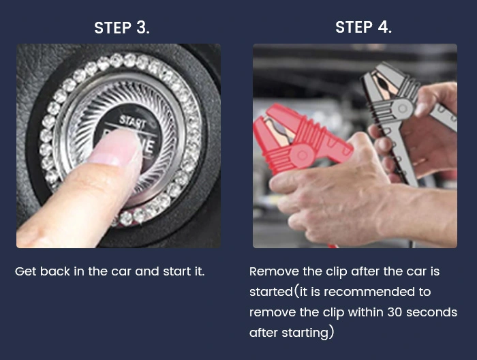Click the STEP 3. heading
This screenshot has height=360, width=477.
(122, 27)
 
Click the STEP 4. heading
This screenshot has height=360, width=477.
(363, 27)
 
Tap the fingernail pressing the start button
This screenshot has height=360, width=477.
(117, 147)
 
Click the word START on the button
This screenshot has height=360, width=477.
(133, 121)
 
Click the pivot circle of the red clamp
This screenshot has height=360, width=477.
(302, 155)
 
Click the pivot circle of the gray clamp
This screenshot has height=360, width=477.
(402, 108)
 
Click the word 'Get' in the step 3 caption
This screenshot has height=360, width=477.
(26, 271)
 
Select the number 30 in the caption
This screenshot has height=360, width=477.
(395, 312)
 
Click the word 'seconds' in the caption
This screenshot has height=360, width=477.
(431, 312)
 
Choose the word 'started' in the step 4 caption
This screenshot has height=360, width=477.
(271, 292)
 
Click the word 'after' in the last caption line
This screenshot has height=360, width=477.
(264, 333)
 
